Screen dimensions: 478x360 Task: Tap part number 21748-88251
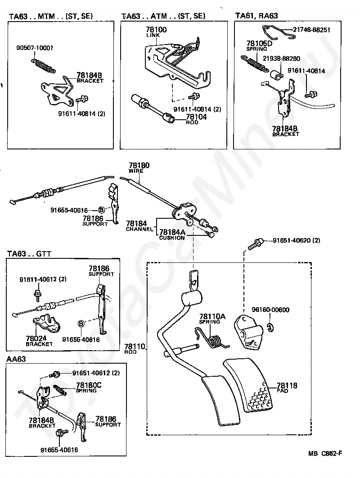(x=311, y=30)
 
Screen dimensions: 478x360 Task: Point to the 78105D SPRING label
(x=259, y=46)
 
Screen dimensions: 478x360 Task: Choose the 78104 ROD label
(x=196, y=119)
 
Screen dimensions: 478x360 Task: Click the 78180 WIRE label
(x=139, y=167)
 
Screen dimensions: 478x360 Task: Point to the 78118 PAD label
(x=287, y=388)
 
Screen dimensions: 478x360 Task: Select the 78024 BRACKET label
(x=39, y=340)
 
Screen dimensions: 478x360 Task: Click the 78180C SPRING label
(x=89, y=387)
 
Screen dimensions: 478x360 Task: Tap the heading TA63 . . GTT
(x=29, y=253)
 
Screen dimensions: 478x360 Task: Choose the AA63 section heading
(x=17, y=359)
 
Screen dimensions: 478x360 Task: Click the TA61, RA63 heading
(x=256, y=16)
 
